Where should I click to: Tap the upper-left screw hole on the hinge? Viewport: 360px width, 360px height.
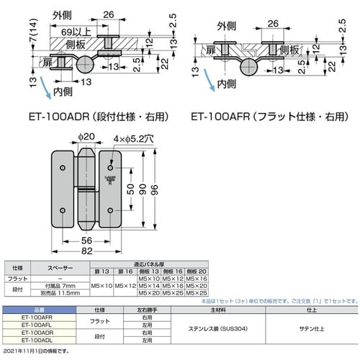63,168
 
